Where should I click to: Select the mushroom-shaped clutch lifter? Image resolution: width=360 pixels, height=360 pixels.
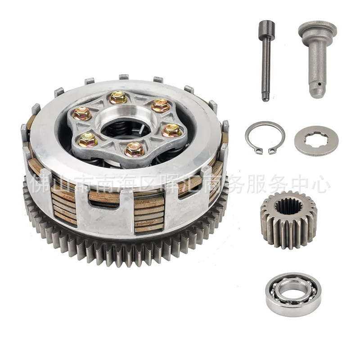coord(317,58)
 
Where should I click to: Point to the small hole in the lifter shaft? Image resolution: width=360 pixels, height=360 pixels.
coord(319,83)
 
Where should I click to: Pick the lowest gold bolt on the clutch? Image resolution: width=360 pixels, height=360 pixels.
coord(135,149)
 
